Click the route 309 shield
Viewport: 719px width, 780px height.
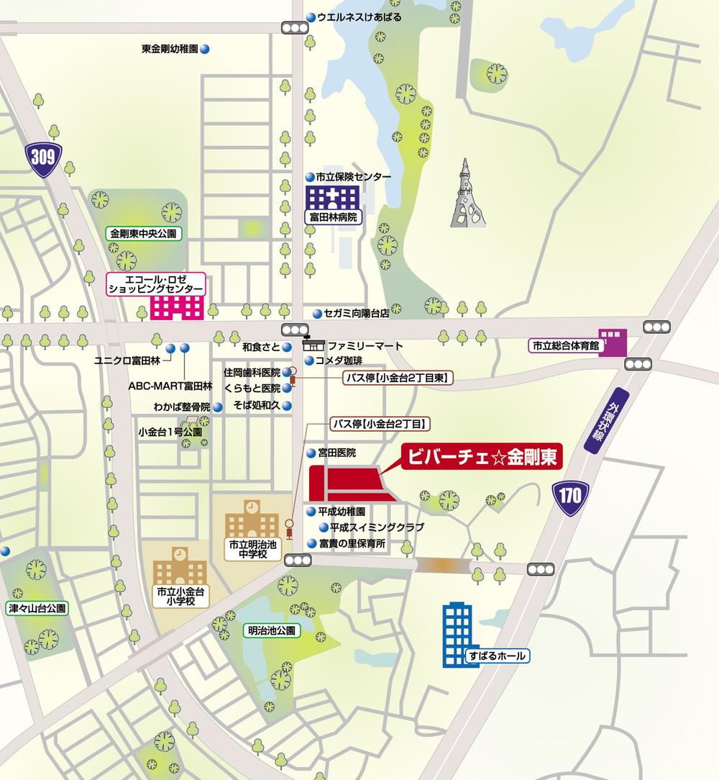[x=42, y=157]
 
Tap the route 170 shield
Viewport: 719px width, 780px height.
[x=572, y=494]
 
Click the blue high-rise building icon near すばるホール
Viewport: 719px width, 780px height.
[x=457, y=633]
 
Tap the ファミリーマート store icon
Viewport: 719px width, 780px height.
[x=314, y=345]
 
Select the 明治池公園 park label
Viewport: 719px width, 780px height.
[x=272, y=630]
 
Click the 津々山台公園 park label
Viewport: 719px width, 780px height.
[x=37, y=608]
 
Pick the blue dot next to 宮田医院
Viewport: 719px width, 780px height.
[x=311, y=453]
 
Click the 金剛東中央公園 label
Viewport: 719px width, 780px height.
[x=142, y=233]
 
